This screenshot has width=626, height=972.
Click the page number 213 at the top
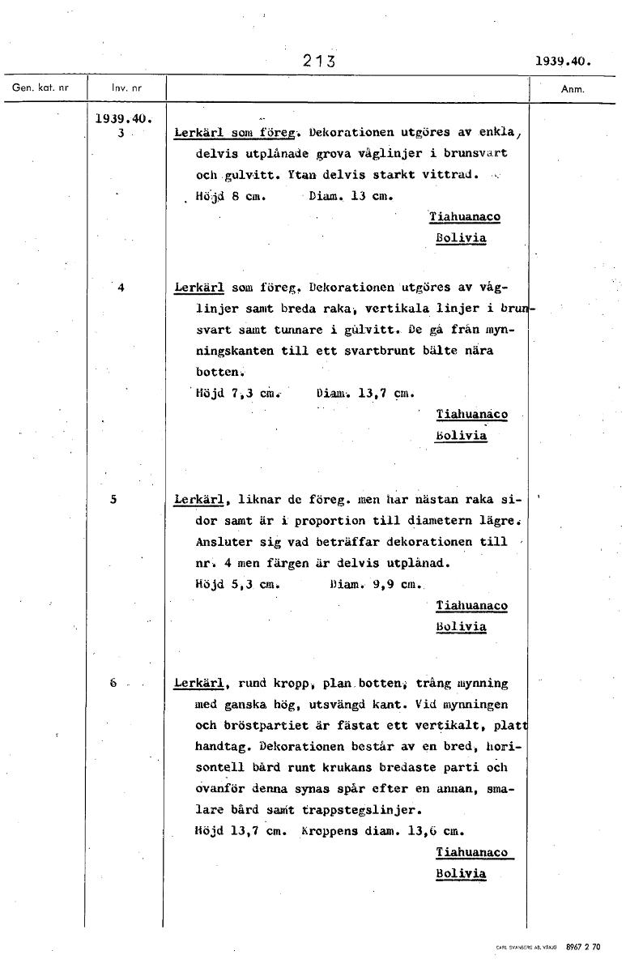(x=318, y=61)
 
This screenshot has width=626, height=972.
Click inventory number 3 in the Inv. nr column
(x=120, y=134)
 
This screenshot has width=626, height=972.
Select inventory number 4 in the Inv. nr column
(x=120, y=286)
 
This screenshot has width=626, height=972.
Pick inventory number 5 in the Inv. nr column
(x=113, y=500)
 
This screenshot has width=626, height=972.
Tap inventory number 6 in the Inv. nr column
(x=113, y=683)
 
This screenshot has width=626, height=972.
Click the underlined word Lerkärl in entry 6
(x=198, y=684)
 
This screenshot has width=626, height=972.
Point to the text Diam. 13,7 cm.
(x=365, y=394)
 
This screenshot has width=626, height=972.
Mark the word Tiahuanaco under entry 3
(x=464, y=217)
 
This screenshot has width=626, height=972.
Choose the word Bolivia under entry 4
(x=461, y=436)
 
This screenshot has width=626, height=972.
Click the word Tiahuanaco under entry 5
(x=472, y=605)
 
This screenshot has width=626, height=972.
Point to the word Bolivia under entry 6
(x=461, y=873)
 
